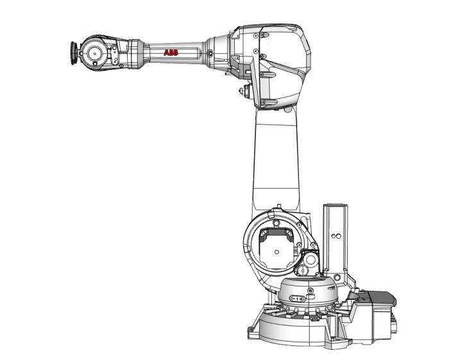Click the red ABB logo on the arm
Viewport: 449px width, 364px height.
point(171,53)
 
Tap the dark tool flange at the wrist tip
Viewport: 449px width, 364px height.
point(74,53)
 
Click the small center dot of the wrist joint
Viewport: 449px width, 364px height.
point(94,53)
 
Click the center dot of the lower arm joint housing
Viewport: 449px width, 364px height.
point(276,252)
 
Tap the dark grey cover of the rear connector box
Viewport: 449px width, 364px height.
point(381,299)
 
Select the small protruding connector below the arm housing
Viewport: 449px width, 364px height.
point(244,91)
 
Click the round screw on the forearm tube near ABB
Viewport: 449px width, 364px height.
point(210,53)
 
